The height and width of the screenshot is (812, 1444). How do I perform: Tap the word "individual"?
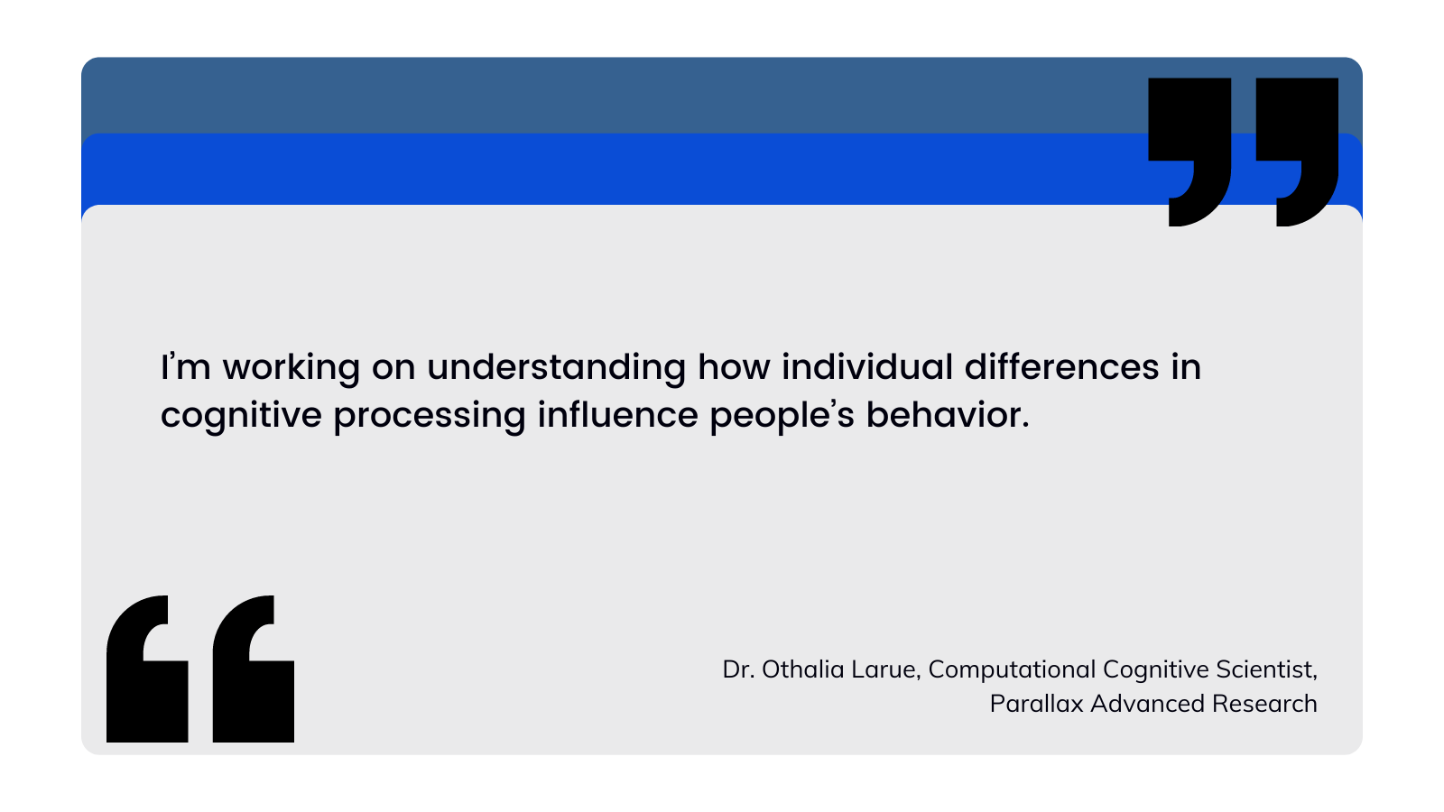(867, 366)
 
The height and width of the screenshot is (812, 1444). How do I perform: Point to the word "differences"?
(1061, 366)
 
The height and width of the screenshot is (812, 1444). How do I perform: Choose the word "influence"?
(617, 414)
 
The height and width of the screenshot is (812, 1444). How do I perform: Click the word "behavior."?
(948, 414)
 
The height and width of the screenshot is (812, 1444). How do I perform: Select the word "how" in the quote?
(734, 366)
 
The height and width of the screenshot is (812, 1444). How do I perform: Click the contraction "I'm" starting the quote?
(186, 366)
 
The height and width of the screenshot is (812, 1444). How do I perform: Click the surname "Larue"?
(885, 669)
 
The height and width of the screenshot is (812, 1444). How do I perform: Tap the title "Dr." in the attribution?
(738, 669)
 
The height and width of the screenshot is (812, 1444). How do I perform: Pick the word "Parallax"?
(1037, 704)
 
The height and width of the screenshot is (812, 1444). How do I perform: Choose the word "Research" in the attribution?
(1264, 704)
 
